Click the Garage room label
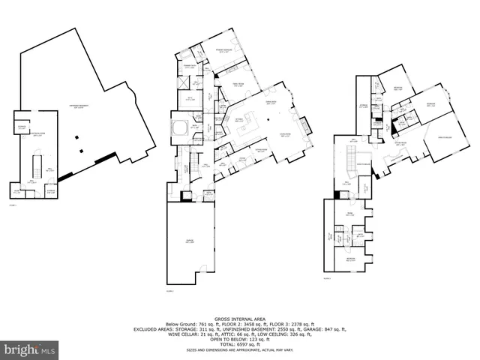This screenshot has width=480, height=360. [x=189, y=241]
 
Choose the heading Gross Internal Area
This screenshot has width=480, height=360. [x=239, y=318]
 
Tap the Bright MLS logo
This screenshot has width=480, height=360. [x=29, y=349]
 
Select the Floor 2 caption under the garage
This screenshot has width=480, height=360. [x=169, y=291]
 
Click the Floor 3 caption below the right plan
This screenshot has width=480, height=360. [x=327, y=277]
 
